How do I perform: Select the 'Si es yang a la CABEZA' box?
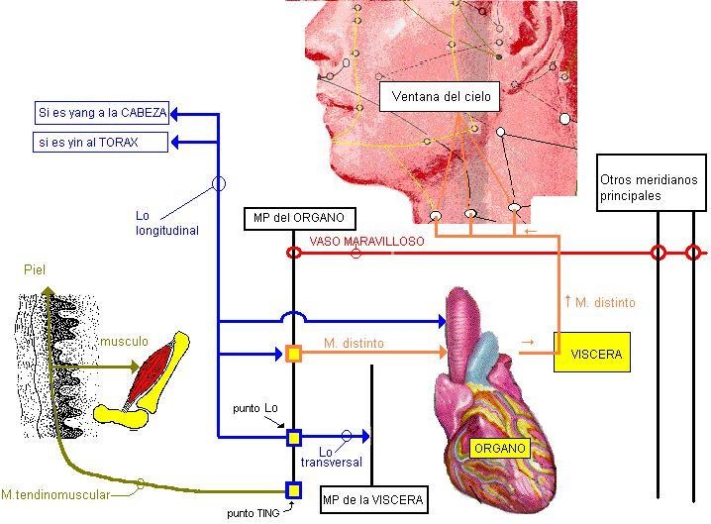click(x=101, y=113)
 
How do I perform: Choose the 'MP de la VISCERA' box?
click(x=373, y=499)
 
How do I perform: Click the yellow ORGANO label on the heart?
click(x=499, y=448)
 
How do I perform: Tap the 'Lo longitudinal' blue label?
click(x=167, y=223)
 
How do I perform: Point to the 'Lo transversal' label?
click(x=340, y=457)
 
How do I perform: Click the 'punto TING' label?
click(x=254, y=512)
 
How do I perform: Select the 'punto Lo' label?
click(x=254, y=408)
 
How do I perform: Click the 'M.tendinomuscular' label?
click(x=55, y=494)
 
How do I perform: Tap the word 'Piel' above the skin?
click(x=35, y=269)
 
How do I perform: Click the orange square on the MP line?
click(x=293, y=353)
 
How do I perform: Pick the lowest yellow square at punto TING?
click(x=293, y=489)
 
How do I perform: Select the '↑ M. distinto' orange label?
click(x=599, y=302)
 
